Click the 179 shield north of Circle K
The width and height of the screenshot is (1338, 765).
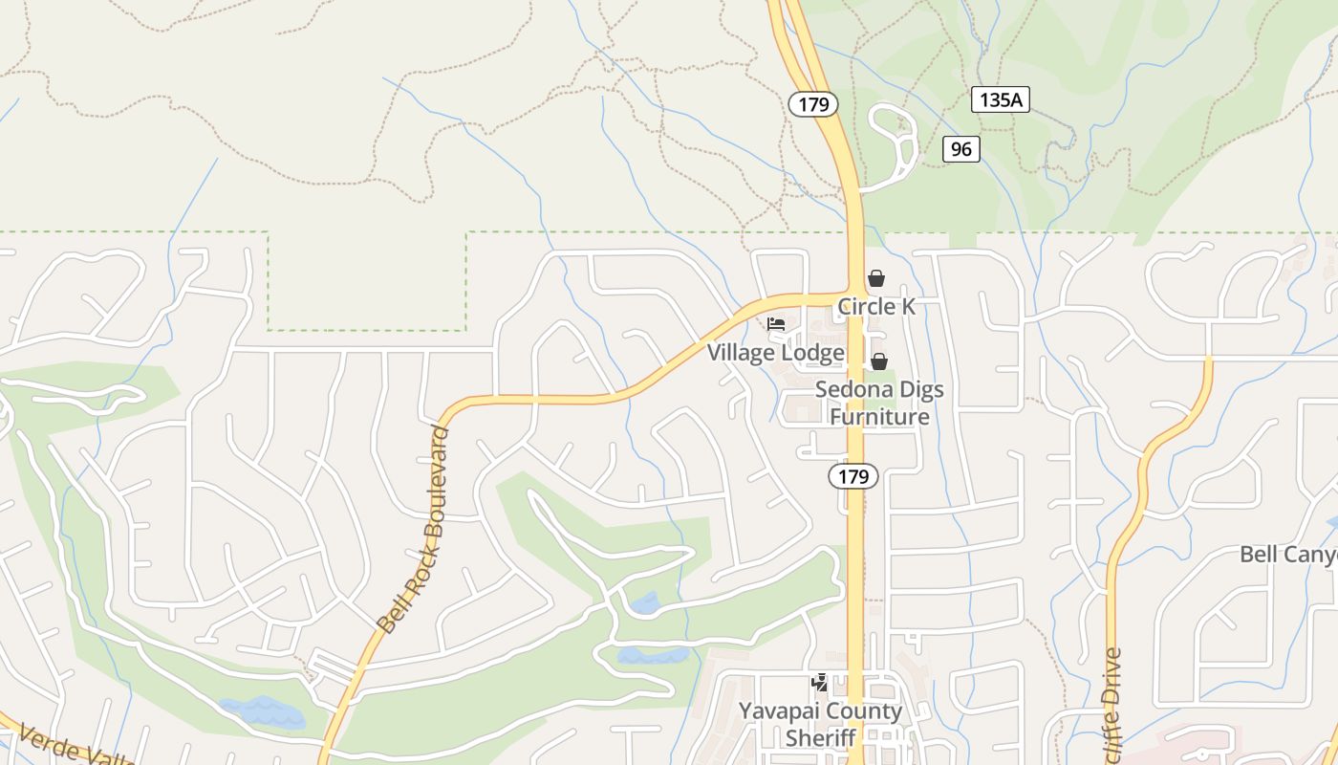pyautogui.click(x=813, y=104)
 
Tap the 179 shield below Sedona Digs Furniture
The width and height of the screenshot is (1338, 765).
pyautogui.click(x=852, y=476)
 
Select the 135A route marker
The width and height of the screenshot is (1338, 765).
pyautogui.click(x=1001, y=98)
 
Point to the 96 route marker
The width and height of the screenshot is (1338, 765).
pyautogui.click(x=960, y=149)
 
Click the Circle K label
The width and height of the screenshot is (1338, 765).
pyautogui.click(x=876, y=307)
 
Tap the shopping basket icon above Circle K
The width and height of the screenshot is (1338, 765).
pyautogui.click(x=875, y=278)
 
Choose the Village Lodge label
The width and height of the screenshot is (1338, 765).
pyautogui.click(x=775, y=353)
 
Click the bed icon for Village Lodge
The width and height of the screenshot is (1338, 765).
pyautogui.click(x=776, y=324)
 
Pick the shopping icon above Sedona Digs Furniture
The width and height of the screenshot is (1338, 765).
pyautogui.click(x=878, y=361)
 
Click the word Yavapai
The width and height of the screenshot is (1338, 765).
pyautogui.click(x=780, y=711)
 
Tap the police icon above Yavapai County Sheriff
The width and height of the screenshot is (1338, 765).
pyautogui.click(x=819, y=682)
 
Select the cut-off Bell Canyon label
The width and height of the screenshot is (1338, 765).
pyautogui.click(x=1287, y=555)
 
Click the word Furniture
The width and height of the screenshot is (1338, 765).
pyautogui.click(x=878, y=418)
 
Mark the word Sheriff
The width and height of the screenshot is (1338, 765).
pyautogui.click(x=820, y=738)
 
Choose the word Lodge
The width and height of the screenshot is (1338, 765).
pyautogui.click(x=812, y=353)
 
